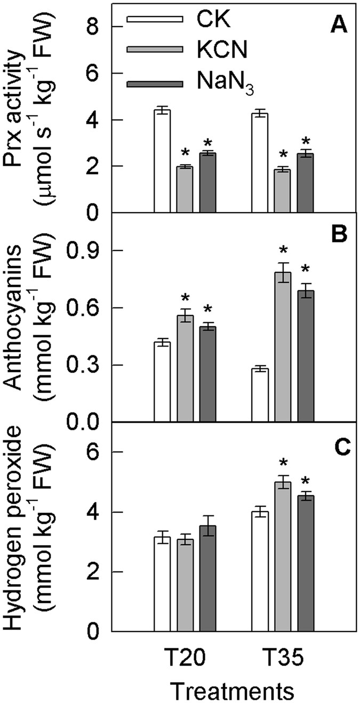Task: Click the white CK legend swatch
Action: click(x=155, y=21)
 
